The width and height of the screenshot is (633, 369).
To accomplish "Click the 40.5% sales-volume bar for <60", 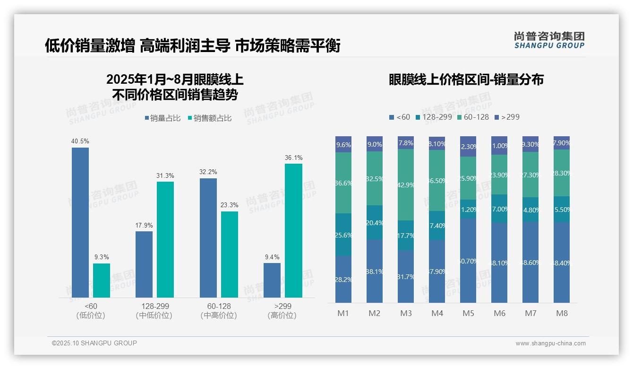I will (x=80, y=222).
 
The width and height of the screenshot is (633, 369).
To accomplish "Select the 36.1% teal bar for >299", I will (x=293, y=230).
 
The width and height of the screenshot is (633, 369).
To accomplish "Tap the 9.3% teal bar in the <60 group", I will (x=102, y=280).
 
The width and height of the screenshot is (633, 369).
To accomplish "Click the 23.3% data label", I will (x=229, y=205).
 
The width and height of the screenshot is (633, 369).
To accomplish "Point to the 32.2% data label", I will (x=208, y=172).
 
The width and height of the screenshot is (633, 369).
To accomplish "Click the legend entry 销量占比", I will (x=163, y=118).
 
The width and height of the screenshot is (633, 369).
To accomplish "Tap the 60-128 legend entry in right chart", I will (x=473, y=117).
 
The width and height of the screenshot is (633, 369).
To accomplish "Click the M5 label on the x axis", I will (x=468, y=313).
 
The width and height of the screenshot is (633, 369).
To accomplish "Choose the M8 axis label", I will (x=562, y=313).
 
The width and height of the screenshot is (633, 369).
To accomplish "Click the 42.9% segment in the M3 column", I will (x=406, y=185).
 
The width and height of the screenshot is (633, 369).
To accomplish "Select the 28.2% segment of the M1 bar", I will (x=343, y=279).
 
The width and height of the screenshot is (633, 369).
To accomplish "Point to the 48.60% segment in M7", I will (x=530, y=262).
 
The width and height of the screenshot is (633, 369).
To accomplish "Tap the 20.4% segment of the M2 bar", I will (x=375, y=222).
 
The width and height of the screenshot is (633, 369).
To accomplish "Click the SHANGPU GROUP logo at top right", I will (x=549, y=40).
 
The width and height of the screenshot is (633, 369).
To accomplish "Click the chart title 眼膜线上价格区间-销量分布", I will (x=466, y=79).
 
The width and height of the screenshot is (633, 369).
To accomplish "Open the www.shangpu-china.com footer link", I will (x=550, y=343).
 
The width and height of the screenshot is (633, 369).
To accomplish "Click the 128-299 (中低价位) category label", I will (x=154, y=311).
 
